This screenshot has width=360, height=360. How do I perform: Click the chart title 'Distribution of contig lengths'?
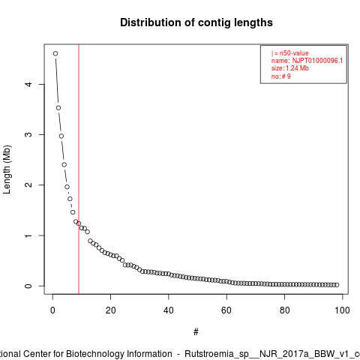(x=196, y=22)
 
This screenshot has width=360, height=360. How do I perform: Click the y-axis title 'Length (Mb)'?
(x=7, y=169)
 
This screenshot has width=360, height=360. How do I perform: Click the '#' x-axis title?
(x=196, y=332)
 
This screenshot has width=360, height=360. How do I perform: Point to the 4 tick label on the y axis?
(x=29, y=84)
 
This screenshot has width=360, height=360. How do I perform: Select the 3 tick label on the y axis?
(x=29, y=134)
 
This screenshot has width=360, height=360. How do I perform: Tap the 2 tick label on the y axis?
(x=29, y=185)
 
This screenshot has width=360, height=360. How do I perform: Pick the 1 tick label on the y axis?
(x=29, y=235)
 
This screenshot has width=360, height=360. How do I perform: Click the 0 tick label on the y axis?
(x=29, y=286)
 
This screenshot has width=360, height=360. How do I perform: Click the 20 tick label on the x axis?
(x=110, y=310)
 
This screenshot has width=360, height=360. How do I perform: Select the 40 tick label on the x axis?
(x=169, y=310)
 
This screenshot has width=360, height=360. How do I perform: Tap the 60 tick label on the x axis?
(x=226, y=310)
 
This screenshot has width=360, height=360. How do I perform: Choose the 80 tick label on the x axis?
(x=284, y=310)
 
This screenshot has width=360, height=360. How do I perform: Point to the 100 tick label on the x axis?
(x=342, y=310)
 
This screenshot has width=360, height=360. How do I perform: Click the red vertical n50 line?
(x=79, y=169)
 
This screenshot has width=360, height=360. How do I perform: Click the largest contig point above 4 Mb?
(x=55, y=53)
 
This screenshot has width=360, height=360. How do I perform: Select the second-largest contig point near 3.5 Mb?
(x=58, y=108)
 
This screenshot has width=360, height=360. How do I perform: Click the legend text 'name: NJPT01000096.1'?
(x=307, y=61)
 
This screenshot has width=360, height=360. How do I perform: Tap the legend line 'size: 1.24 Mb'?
(x=290, y=68)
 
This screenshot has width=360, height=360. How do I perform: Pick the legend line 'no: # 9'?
(x=281, y=76)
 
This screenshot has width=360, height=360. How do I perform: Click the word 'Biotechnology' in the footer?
(x=94, y=354)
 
